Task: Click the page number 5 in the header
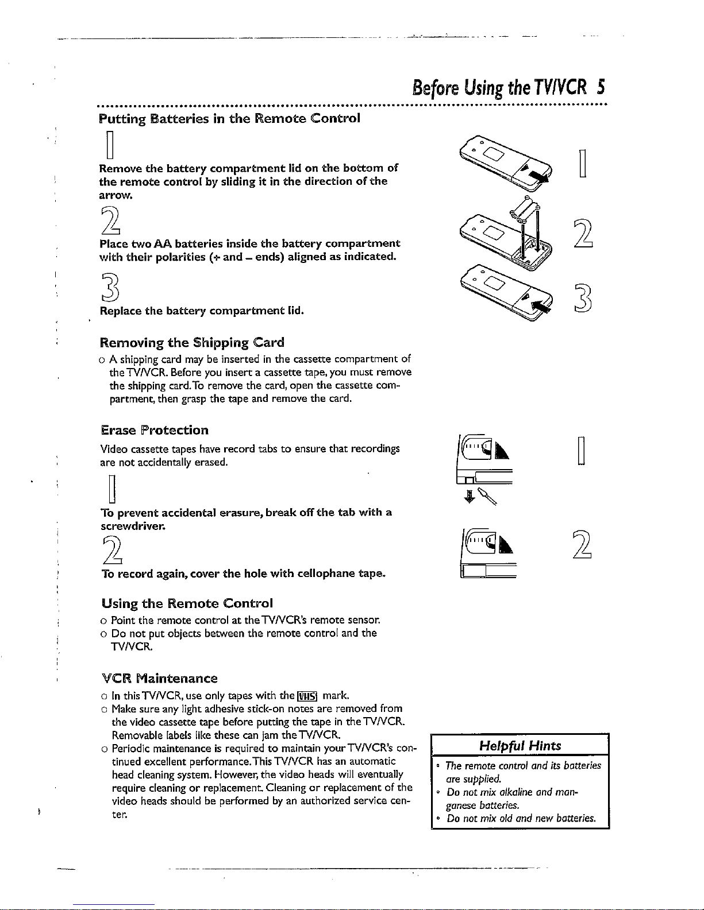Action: [601, 87]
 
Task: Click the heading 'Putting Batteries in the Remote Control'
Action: [229, 118]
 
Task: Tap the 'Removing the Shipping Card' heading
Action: [192, 343]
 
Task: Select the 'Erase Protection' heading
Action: [155, 430]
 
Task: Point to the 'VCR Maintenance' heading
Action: [160, 679]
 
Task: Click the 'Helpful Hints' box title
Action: [520, 746]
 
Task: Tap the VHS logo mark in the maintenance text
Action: [307, 696]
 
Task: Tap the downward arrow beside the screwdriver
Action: [470, 496]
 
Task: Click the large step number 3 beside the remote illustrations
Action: [583, 298]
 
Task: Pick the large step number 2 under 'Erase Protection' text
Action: [112, 550]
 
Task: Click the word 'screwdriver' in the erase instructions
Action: [133, 526]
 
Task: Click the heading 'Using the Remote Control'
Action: [187, 603]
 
